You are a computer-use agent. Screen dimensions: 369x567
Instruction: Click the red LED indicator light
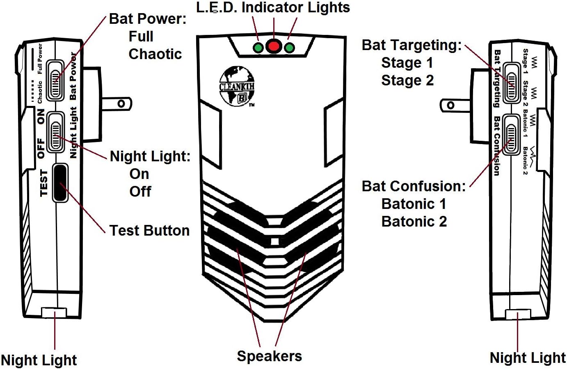tap(274, 46)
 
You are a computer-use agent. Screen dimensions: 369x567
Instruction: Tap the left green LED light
tap(258, 48)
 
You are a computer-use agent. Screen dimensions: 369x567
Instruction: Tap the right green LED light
tap(290, 48)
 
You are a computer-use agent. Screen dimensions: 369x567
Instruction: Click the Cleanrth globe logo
tap(237, 87)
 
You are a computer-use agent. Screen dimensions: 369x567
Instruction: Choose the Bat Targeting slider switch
tap(511, 82)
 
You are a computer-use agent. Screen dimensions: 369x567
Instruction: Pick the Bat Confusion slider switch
tap(511, 134)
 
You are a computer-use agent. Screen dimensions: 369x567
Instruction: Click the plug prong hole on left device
tap(121, 103)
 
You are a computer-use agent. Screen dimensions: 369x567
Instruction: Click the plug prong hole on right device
tap(450, 105)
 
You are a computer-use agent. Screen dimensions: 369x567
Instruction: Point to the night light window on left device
tap(54, 313)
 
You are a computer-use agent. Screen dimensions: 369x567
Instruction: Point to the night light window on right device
tap(518, 315)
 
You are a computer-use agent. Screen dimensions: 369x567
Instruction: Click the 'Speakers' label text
tap(269, 356)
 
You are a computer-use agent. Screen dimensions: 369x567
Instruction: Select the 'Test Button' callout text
tap(149, 230)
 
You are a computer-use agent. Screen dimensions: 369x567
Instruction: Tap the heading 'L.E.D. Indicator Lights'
tap(273, 7)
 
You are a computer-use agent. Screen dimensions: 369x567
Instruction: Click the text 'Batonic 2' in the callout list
tap(414, 221)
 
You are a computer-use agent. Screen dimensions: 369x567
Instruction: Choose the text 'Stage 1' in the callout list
tap(407, 63)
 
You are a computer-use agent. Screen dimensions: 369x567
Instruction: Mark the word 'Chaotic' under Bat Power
tap(155, 54)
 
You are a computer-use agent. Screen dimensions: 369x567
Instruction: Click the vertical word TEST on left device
tap(44, 183)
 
